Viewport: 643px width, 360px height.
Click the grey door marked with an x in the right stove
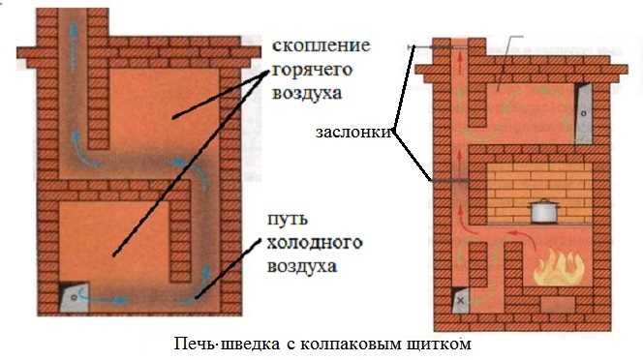460,301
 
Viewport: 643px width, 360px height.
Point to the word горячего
309,71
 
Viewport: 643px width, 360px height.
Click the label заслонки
353,135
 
